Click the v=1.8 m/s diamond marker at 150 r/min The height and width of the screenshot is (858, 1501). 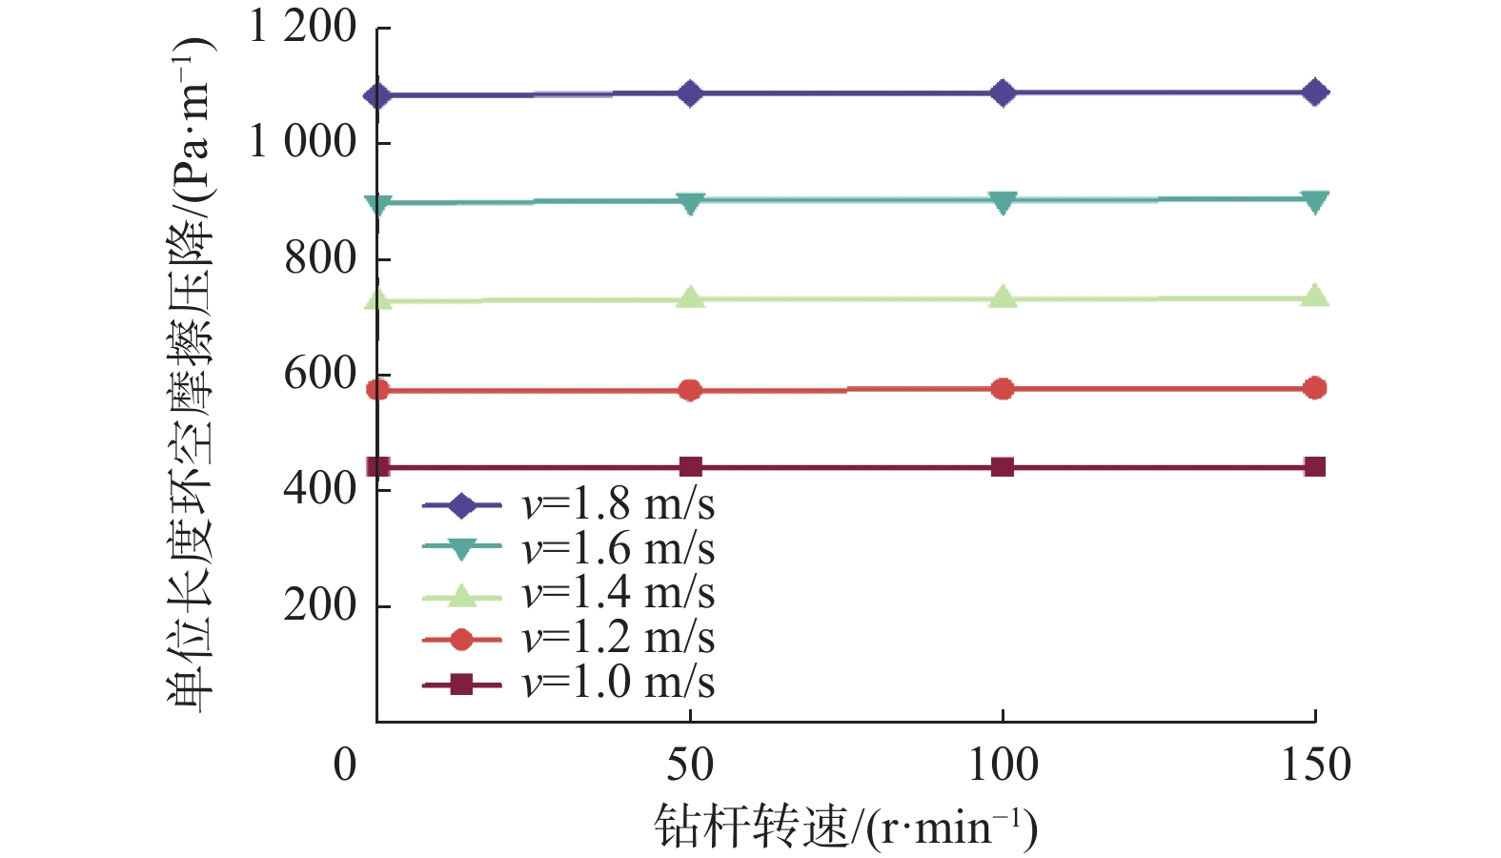(1315, 92)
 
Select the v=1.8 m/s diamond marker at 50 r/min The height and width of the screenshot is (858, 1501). (690, 93)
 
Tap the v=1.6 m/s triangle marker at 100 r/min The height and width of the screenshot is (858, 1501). (1003, 201)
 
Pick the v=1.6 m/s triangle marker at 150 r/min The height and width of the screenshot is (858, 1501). (1315, 200)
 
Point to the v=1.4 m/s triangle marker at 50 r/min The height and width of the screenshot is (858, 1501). (690, 298)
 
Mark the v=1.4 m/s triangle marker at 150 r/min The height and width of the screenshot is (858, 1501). (1315, 296)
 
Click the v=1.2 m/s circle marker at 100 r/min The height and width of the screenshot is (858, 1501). (1003, 389)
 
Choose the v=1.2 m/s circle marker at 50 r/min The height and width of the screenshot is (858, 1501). (690, 390)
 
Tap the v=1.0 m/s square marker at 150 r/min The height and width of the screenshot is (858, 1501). (1315, 466)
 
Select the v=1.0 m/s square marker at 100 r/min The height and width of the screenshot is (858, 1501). (1003, 466)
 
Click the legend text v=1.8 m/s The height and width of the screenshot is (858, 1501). (618, 504)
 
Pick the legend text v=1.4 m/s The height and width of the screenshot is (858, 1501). (618, 593)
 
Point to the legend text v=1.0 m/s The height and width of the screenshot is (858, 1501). (618, 683)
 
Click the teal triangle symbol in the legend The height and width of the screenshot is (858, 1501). (461, 550)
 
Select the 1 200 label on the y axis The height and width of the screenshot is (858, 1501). (302, 26)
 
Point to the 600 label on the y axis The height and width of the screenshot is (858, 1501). (320, 374)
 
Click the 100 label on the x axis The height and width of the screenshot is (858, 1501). (1003, 766)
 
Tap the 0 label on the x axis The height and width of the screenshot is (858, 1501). (345, 766)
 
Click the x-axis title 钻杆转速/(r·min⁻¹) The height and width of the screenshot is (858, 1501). (845, 827)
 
